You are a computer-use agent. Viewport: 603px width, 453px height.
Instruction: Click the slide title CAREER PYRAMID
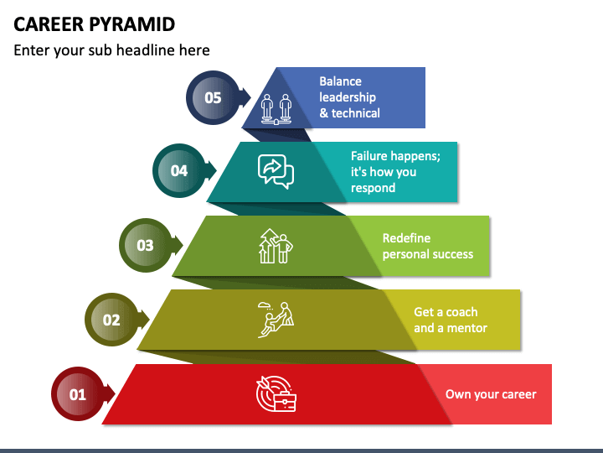(94, 24)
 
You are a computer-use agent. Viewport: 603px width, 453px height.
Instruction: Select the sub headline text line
(111, 50)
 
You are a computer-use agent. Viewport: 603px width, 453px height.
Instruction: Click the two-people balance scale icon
(276, 109)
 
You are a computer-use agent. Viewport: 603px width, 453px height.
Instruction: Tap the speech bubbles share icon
(276, 171)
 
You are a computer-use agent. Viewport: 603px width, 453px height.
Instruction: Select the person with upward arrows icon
(276, 246)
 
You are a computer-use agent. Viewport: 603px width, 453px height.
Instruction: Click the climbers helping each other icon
(276, 320)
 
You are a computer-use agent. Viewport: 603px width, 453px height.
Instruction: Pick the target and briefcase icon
(276, 393)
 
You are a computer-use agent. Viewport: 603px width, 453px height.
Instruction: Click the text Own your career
(491, 394)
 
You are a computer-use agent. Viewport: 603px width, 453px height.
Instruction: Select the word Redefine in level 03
(406, 238)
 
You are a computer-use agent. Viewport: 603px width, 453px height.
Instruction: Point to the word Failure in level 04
(368, 156)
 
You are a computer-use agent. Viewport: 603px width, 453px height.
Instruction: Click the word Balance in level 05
(340, 81)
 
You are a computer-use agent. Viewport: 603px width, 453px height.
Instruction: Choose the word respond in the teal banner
(373, 188)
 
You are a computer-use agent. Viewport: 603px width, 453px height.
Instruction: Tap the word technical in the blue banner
(356, 113)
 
